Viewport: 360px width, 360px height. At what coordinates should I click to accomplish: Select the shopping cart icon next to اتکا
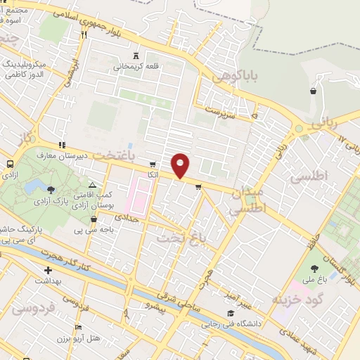pyautogui.click(x=153, y=164)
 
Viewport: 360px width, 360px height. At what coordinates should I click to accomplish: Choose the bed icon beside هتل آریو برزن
pyautogui.click(x=78, y=328)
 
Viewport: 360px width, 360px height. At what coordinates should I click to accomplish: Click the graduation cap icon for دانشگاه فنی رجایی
pyautogui.click(x=231, y=314)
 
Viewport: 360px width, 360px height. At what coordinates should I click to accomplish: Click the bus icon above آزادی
pyautogui.click(x=10, y=164)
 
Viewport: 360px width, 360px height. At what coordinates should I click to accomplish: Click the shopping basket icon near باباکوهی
pyautogui.click(x=312, y=91)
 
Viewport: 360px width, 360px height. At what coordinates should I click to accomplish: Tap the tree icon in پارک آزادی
pyautogui.click(x=51, y=188)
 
